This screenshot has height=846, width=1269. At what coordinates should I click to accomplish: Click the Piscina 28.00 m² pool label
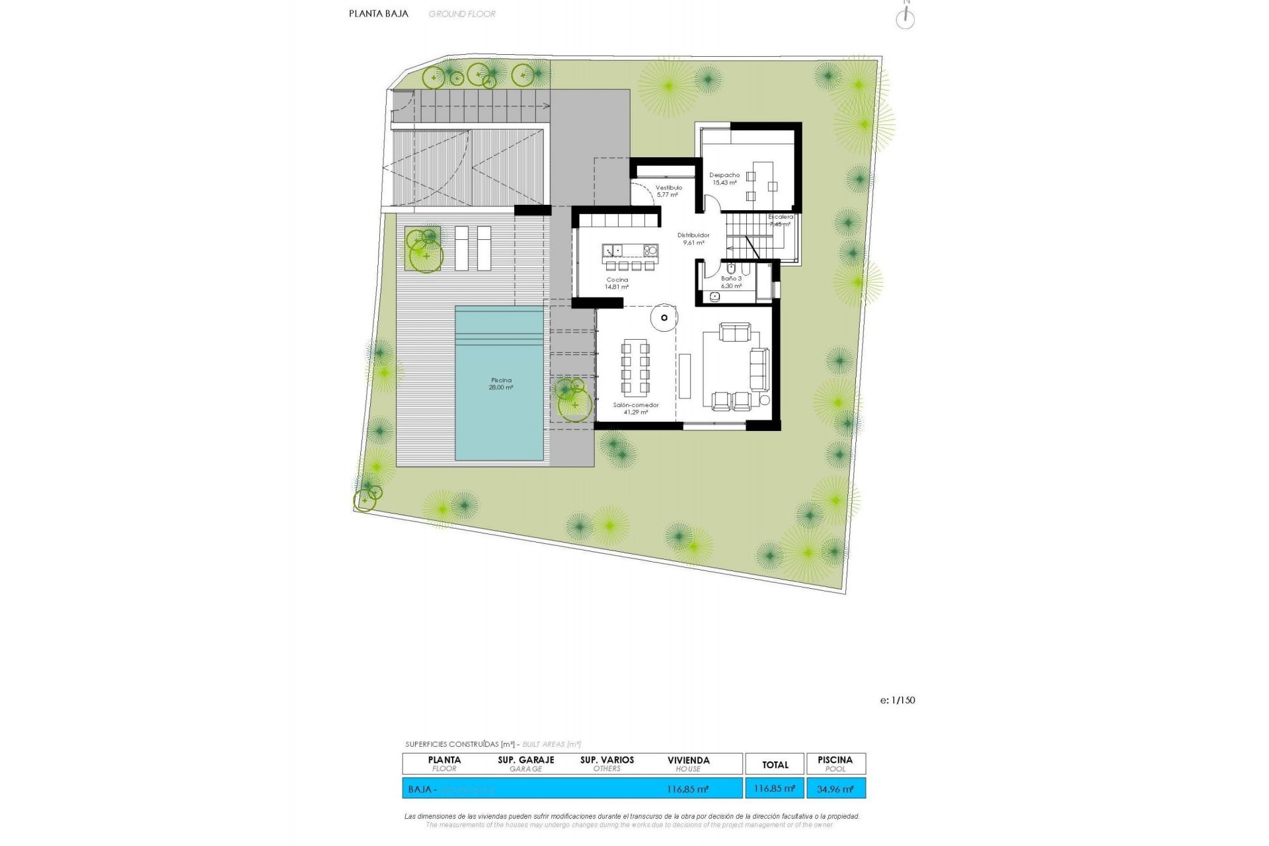coord(501,384)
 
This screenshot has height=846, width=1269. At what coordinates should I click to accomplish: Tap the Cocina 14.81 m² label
coord(617,284)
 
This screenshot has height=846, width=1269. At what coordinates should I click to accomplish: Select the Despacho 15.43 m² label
coord(724,179)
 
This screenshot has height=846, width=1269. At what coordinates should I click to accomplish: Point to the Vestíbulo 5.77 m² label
coord(668,191)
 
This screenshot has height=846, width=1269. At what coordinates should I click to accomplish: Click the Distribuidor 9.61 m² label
coord(693,239)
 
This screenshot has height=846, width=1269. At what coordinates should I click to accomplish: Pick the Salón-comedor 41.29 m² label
coord(636,408)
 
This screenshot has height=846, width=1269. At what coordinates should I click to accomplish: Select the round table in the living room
coord(664,317)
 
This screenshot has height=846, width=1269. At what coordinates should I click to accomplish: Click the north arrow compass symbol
coord(905,19)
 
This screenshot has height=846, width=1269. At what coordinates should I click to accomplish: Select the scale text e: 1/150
coord(898,701)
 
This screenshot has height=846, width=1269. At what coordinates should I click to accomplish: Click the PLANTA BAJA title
coord(379,13)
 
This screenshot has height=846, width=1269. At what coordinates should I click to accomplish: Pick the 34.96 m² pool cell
coord(835,788)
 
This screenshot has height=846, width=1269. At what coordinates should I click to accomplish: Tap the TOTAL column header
coord(775,765)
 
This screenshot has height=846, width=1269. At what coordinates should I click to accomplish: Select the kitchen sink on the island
coord(613,250)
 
